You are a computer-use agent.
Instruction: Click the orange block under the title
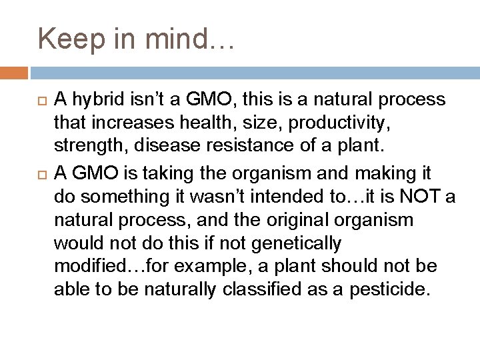pos(14,71)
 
